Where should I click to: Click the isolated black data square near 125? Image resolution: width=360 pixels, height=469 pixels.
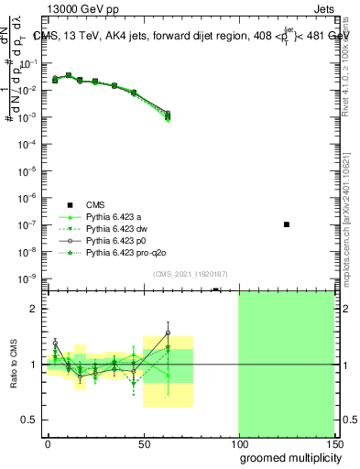point(287,224)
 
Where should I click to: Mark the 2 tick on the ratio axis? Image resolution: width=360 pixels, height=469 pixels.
point(38,309)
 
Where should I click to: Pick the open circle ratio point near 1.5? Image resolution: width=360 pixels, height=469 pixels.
point(168,333)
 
